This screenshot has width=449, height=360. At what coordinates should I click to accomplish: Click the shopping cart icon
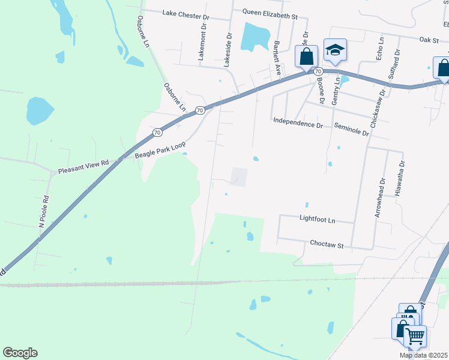[x=415, y=335]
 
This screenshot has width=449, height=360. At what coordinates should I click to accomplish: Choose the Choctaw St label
[x=326, y=245]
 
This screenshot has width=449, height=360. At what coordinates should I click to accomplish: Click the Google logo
[x=20, y=353]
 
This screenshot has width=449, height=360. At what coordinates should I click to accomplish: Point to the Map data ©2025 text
[x=423, y=355]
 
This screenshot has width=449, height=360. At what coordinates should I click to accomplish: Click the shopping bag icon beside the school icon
[x=306, y=56]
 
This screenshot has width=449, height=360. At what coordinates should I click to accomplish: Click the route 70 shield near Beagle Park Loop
[x=157, y=132]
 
